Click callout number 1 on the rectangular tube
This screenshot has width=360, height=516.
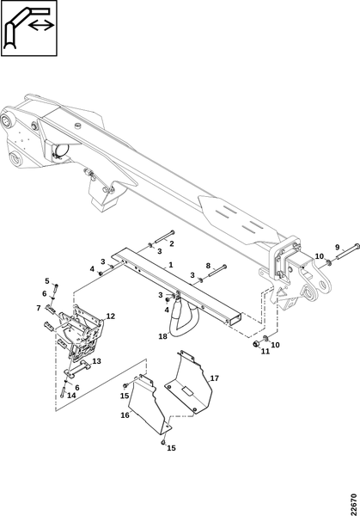coord(171,265)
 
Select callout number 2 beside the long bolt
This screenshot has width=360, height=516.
coord(172,244)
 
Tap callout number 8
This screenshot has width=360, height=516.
coord(208,266)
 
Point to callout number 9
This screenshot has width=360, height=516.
coord(338,247)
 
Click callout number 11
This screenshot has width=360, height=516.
coord(265,351)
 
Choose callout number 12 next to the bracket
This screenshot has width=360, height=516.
coord(111,316)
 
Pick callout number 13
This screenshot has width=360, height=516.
coord(96,361)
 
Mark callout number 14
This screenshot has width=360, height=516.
coord(71,396)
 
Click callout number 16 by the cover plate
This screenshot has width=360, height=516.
coord(125,415)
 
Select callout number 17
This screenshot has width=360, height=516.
coord(214,378)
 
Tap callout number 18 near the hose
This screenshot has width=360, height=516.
coord(162,336)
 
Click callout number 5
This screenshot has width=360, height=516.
coord(47,281)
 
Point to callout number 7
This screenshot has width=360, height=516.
coord(39,308)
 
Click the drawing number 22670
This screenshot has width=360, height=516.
coord(354,504)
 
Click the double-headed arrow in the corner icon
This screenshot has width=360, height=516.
coord(40,25)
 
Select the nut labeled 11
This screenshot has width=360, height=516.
coord(256,344)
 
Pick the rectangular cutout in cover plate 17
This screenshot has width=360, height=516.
coord(187,391)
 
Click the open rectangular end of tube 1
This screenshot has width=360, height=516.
coord(235,318)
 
